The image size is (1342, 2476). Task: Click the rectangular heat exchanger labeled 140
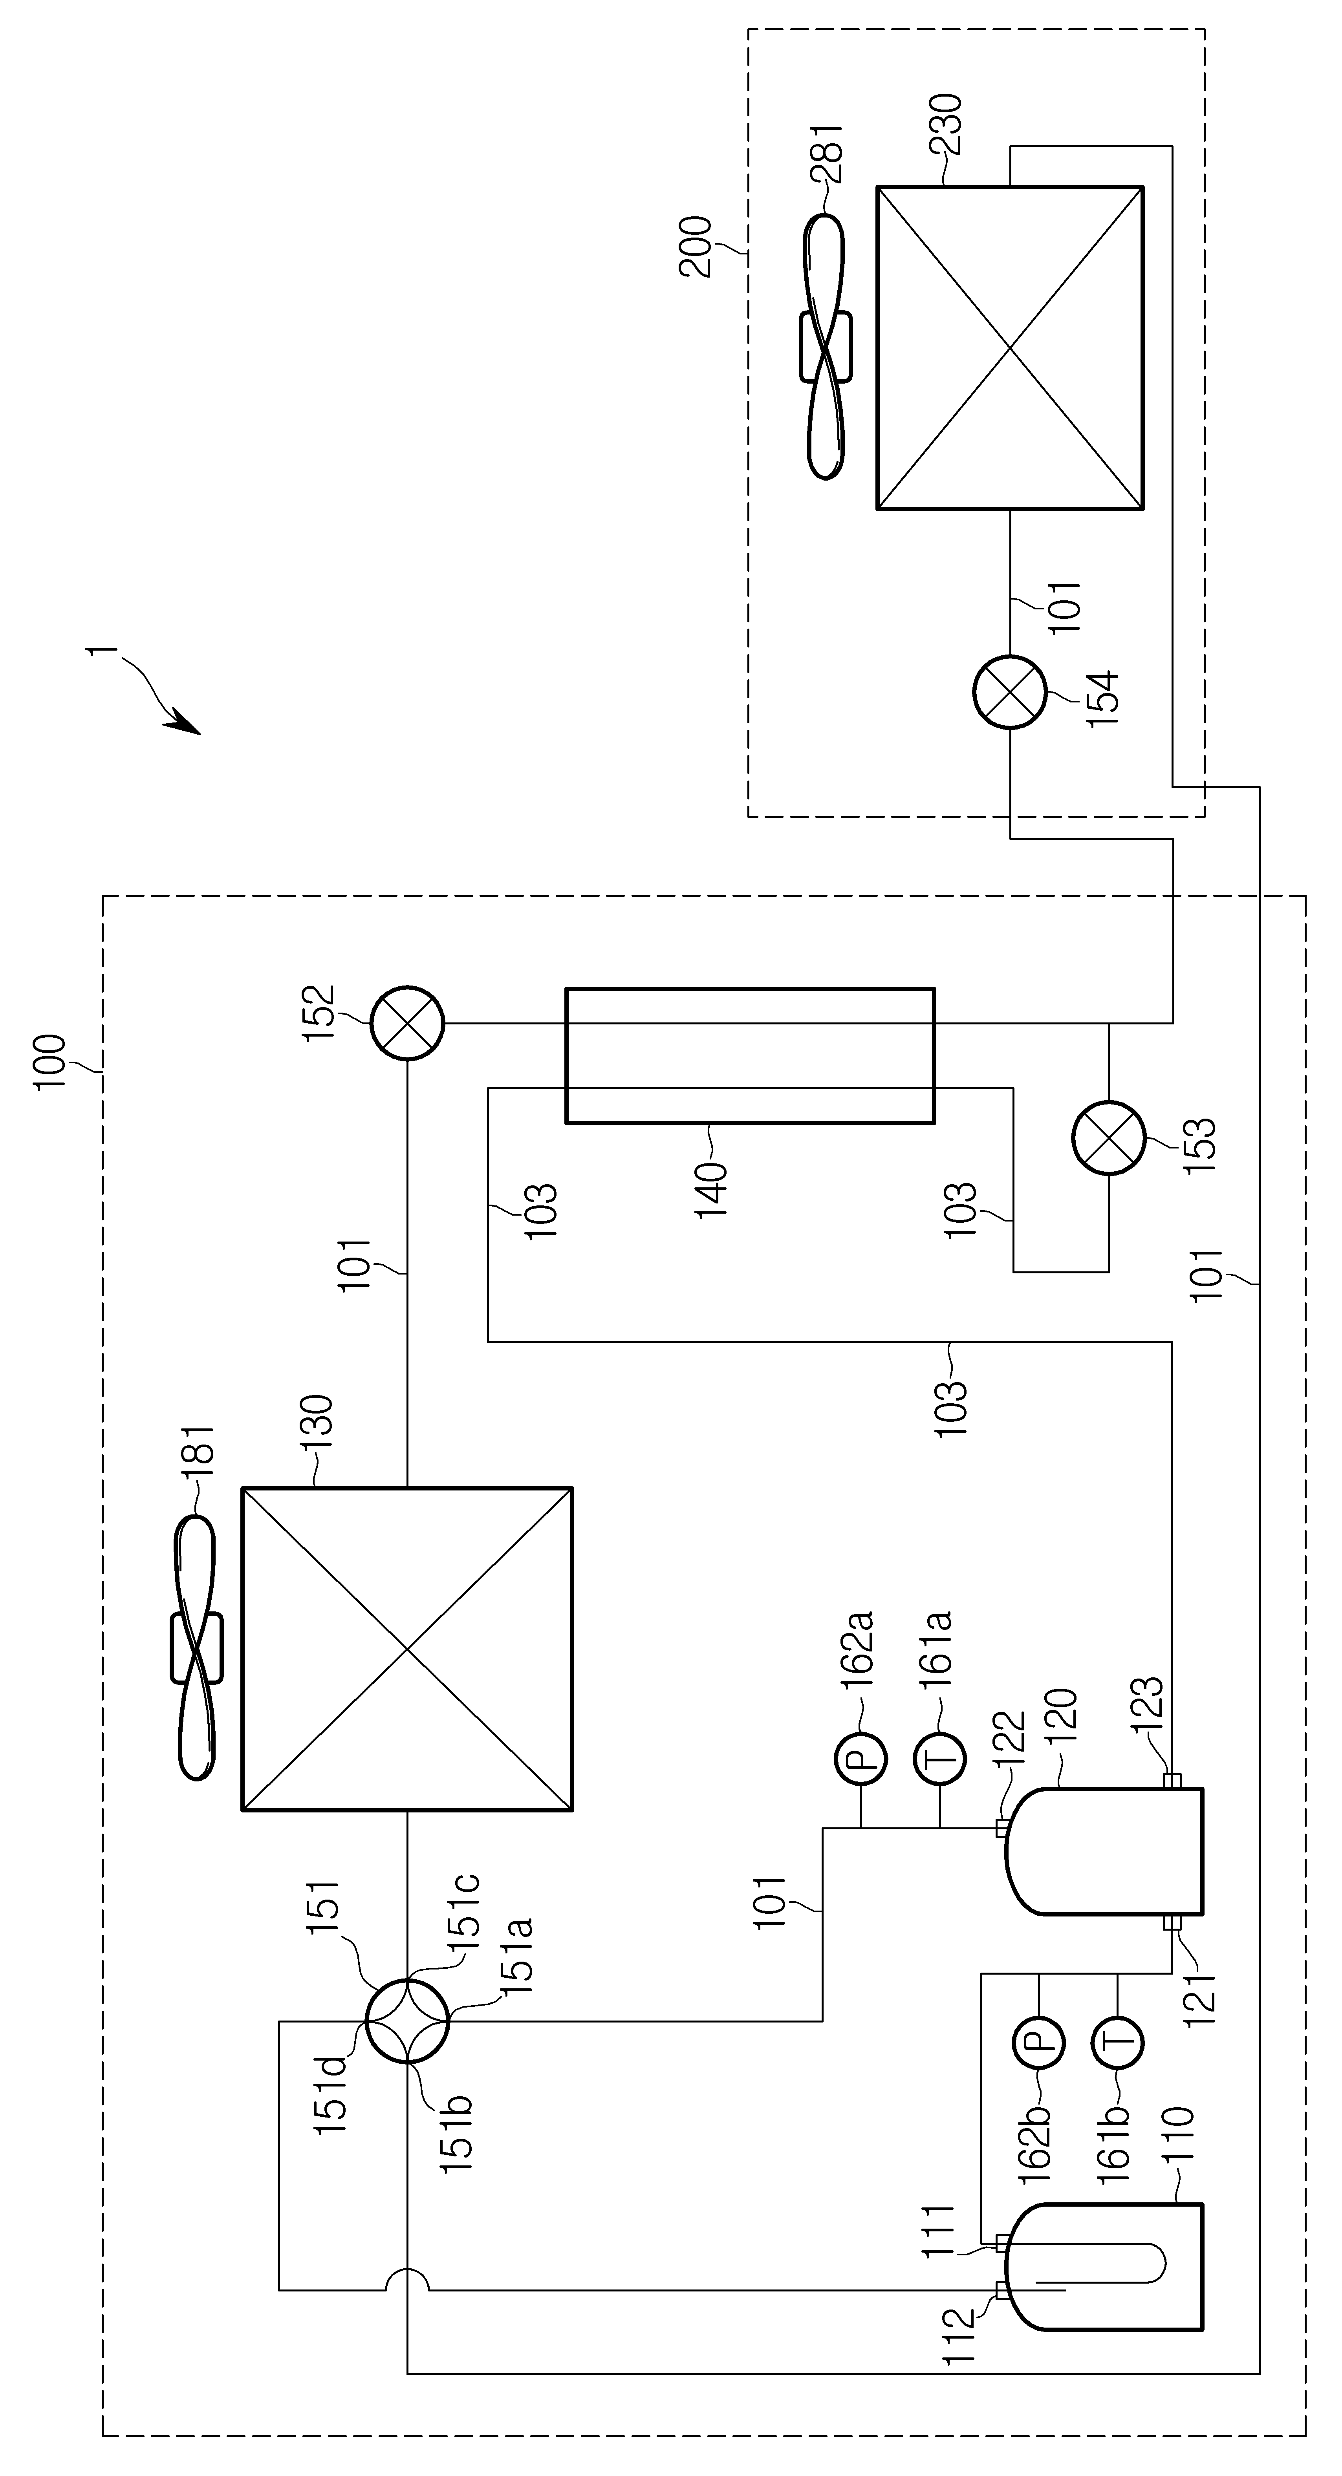[750, 1054]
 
